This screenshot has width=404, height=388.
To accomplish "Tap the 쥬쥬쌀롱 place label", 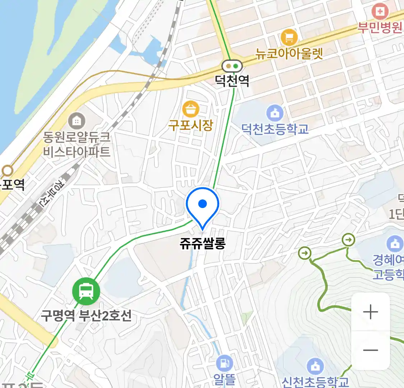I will pyautogui.click(x=203, y=244).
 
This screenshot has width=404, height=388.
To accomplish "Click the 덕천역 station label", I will pyautogui.click(x=232, y=80).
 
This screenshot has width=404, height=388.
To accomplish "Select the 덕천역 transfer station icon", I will pyautogui.click(x=232, y=66).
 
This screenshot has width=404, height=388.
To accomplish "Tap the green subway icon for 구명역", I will pyautogui.click(x=86, y=291).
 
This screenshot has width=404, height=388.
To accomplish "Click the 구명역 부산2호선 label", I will pyautogui.click(x=86, y=316).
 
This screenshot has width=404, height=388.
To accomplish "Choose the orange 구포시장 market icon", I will pyautogui.click(x=191, y=109).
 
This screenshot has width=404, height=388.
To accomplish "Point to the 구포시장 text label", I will pyautogui.click(x=191, y=125).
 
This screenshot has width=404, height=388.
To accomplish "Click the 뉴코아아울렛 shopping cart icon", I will pyautogui.click(x=289, y=37).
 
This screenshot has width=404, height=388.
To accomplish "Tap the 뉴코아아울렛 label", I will pyautogui.click(x=289, y=53).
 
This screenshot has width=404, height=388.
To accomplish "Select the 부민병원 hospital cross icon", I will pyautogui.click(x=380, y=11).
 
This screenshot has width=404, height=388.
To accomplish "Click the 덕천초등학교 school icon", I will pyautogui.click(x=275, y=114).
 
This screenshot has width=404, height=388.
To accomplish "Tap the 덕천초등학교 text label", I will pyautogui.click(x=275, y=129).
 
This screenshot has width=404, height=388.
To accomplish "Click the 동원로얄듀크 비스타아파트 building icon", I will pyautogui.click(x=76, y=121).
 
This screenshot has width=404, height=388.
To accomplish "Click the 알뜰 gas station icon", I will pyautogui.click(x=224, y=364).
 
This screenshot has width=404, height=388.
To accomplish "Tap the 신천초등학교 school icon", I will pyautogui.click(x=315, y=367).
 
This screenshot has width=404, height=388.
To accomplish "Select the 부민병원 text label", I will pyautogui.click(x=380, y=28).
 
